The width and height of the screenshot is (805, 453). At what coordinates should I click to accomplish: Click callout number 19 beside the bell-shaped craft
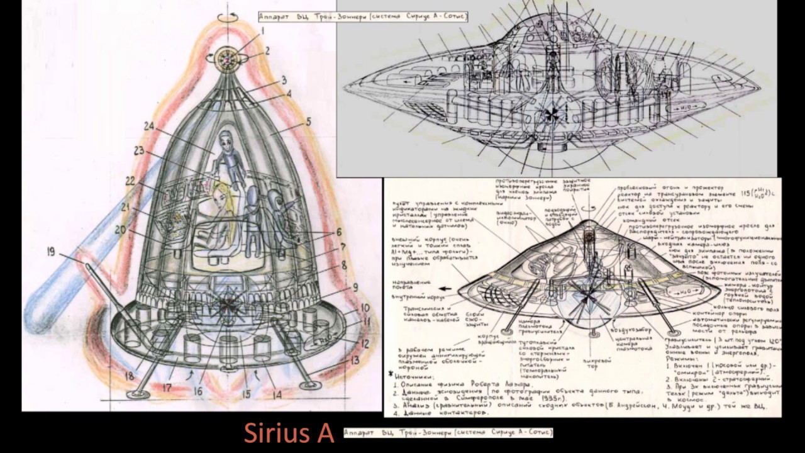50,252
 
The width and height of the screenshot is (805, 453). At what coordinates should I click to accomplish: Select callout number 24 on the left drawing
148,126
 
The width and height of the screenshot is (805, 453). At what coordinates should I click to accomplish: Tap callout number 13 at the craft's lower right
355,361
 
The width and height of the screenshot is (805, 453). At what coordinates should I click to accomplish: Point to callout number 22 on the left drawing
130,181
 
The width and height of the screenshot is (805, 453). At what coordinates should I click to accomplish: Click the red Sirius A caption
289,433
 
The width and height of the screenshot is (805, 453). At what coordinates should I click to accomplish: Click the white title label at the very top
364,16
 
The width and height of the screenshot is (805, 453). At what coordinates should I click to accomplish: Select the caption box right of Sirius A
448,433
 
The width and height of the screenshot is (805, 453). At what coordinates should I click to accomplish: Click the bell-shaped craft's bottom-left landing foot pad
137,394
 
